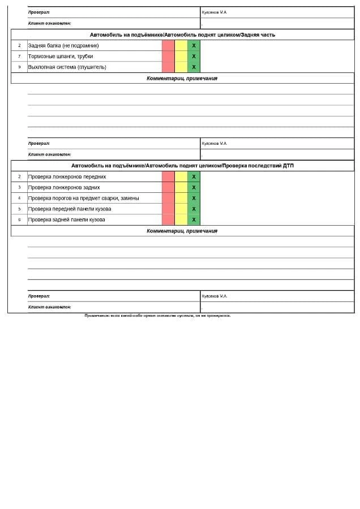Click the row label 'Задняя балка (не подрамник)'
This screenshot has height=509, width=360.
tap(63, 45)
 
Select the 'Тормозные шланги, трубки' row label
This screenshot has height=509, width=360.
tap(60, 56)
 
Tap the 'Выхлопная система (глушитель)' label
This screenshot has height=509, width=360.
tap(67, 67)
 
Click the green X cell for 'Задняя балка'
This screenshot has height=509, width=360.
tap(194, 45)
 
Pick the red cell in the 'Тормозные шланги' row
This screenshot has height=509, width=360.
tap(168, 56)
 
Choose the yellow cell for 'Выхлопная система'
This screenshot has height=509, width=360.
tap(181, 67)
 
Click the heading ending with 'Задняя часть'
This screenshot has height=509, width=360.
tap(182, 34)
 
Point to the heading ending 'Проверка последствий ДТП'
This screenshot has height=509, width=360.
tap(182, 166)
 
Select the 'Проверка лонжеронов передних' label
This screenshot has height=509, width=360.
tap(67, 176)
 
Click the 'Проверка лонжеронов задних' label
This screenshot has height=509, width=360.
tap(64, 187)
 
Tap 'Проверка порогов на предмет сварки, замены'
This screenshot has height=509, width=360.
tap(83, 198)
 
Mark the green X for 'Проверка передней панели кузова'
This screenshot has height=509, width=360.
tap(194, 209)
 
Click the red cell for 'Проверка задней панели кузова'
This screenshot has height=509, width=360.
tap(168, 219)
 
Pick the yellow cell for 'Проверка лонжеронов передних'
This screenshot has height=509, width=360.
tap(181, 176)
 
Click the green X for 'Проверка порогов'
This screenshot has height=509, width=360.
tap(194, 198)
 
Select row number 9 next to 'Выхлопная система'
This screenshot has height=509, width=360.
tap(19, 67)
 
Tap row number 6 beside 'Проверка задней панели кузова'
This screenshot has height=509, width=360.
tap(19, 219)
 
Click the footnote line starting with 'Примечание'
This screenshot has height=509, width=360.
tap(157, 316)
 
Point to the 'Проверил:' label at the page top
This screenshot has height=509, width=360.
tap(39, 12)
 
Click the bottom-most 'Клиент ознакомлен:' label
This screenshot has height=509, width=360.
tap(49, 307)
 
